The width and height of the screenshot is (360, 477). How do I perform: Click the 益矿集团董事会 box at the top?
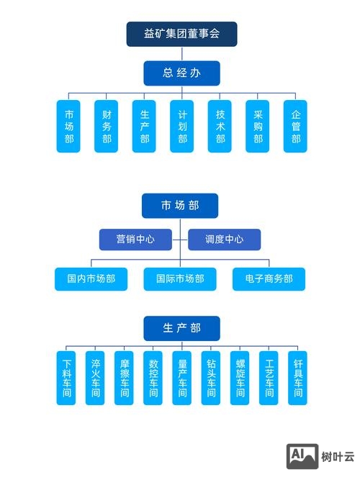[181, 34]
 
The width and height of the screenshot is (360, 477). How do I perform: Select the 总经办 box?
[181, 73]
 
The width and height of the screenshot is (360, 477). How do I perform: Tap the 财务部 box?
[107, 126]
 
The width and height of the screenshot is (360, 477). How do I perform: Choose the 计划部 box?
[182, 126]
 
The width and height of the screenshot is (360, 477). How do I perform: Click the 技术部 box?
[220, 126]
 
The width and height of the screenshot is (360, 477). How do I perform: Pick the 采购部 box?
[258, 126]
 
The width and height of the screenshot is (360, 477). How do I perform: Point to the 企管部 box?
[295, 126]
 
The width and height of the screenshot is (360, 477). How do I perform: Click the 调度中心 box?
[224, 239]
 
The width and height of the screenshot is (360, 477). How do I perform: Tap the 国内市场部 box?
[91, 278]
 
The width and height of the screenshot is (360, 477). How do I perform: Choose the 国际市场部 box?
[179, 278]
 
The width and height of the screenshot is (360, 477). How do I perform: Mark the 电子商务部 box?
[268, 278]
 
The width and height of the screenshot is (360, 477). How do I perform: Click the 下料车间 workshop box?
[66, 378]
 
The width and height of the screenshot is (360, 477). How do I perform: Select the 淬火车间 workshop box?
[95, 378]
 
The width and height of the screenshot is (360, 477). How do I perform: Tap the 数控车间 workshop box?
[153, 378]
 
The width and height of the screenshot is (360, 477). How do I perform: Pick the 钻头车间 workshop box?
[210, 378]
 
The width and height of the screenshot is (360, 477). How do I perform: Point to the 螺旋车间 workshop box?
[239, 378]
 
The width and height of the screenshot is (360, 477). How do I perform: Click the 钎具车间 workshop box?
[297, 378]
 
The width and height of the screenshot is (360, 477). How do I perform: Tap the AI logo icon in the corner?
[302, 456]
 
